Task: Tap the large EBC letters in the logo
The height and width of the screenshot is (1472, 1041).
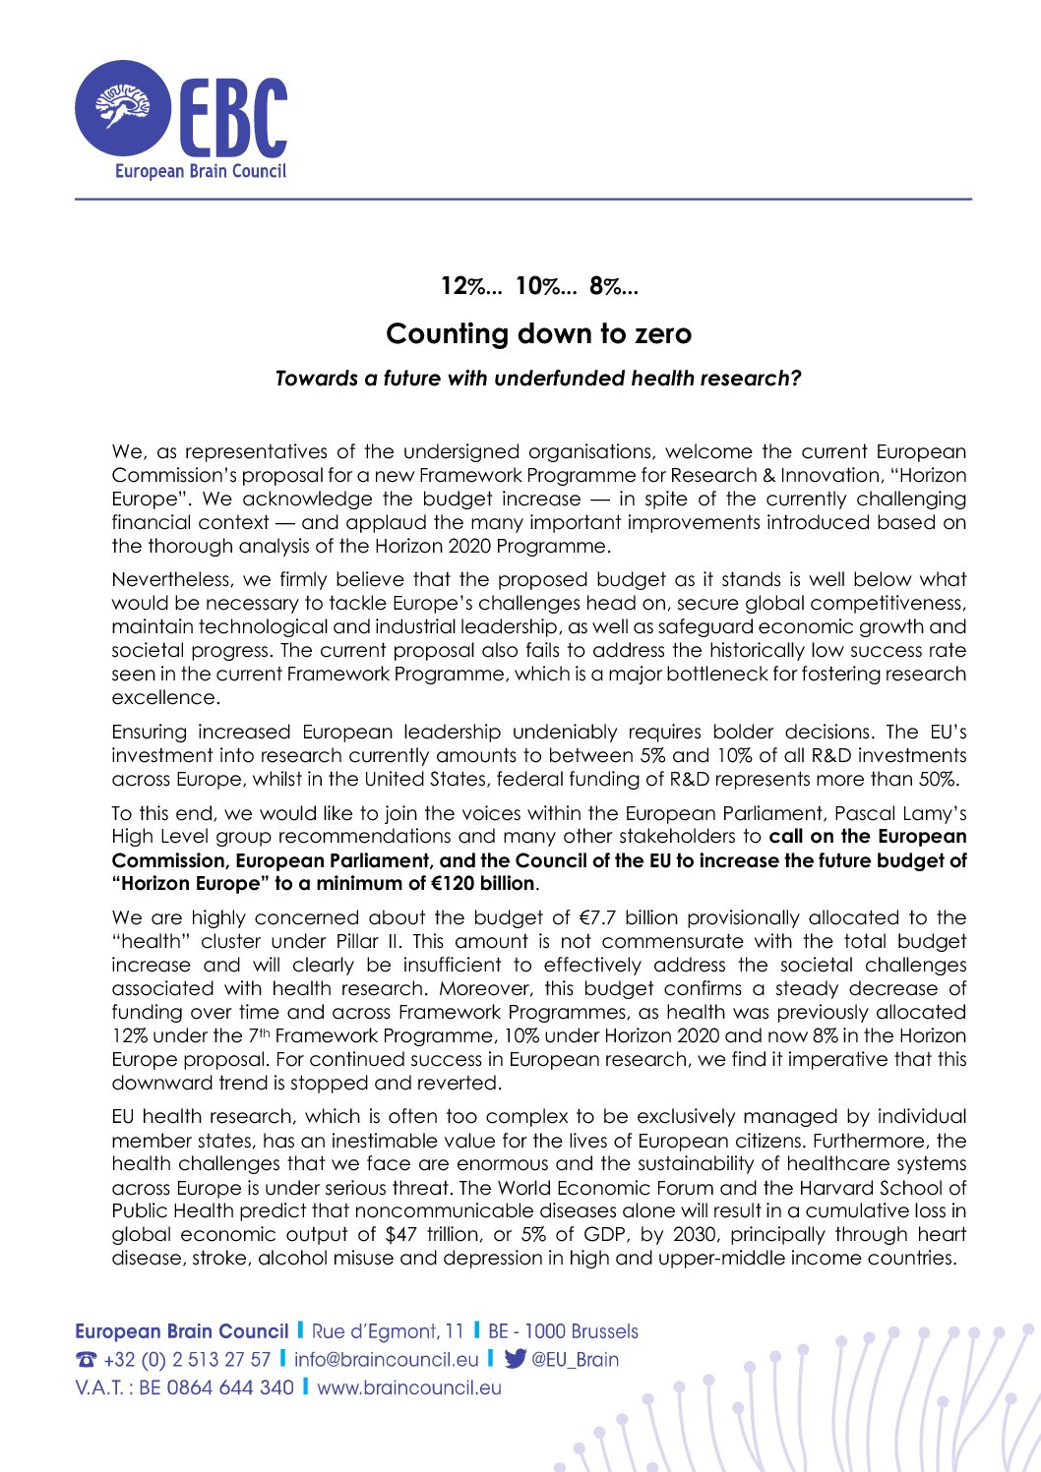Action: pos(233,116)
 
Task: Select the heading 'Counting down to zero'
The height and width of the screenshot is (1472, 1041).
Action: pos(538,334)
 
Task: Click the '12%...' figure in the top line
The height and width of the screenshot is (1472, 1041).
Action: pos(470,286)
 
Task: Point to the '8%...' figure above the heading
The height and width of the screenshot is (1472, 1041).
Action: pos(614,286)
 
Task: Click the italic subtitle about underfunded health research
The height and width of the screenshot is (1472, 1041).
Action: pos(538,379)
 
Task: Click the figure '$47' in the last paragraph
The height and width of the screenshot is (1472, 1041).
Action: pos(401,1234)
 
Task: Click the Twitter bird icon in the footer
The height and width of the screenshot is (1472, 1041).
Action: pos(515,1359)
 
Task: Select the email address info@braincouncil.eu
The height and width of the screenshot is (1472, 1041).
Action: pos(386,1359)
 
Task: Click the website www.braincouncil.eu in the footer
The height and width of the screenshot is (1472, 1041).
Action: pos(409,1387)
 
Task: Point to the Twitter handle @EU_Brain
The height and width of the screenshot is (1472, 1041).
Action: pos(576,1359)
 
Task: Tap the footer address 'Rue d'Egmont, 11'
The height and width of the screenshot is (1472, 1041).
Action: pos(388,1331)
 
